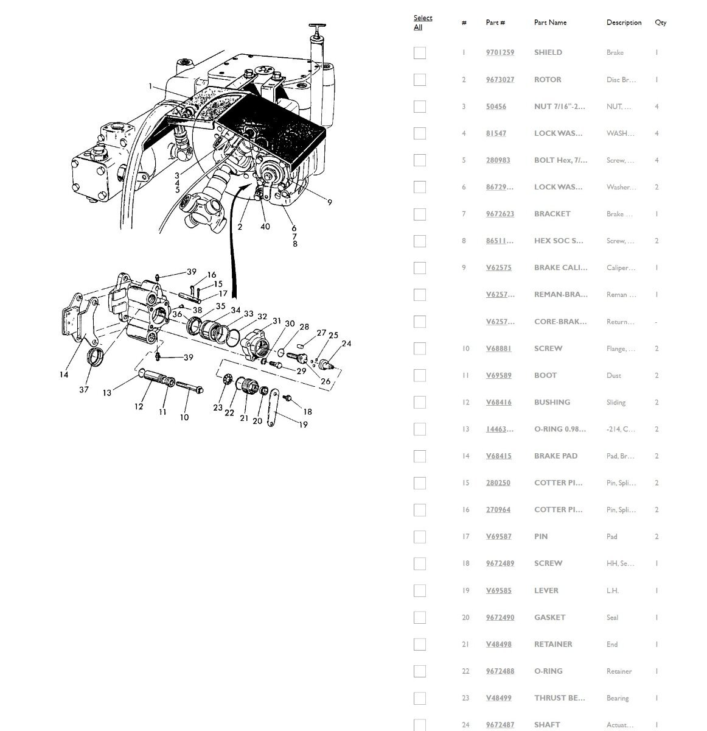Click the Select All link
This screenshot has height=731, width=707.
[x=422, y=23]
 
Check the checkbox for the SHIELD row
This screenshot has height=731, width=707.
[x=419, y=53]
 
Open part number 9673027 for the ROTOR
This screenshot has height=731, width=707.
[x=500, y=80]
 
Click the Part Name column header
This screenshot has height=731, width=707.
[x=550, y=23]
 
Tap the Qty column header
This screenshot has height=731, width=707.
[x=660, y=23]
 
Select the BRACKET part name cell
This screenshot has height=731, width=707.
[x=552, y=214]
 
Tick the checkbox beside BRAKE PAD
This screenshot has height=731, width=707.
[x=419, y=456]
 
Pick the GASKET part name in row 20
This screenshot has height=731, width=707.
[x=549, y=617]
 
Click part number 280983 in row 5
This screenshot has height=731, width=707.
[x=498, y=160]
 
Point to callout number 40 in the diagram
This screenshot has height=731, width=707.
[x=265, y=227]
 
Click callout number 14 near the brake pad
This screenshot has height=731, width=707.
[x=64, y=375]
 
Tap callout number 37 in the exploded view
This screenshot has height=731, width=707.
[x=84, y=390]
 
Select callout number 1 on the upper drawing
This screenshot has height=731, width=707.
[x=150, y=87]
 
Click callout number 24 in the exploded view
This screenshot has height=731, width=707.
[x=346, y=344]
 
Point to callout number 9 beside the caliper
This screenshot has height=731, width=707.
[x=329, y=202]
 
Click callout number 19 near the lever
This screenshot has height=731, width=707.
[x=303, y=425]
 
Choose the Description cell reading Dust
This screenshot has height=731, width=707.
[x=613, y=375]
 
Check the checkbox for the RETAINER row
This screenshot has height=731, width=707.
[x=419, y=644]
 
